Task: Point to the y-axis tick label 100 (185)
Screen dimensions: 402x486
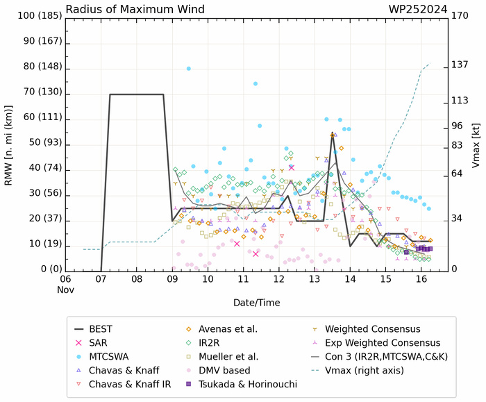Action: coord(33,15)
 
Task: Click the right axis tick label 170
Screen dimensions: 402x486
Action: coord(460,15)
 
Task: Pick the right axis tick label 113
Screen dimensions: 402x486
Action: coord(460,100)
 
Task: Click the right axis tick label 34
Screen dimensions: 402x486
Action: coord(458,219)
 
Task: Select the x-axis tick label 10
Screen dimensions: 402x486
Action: coord(208,278)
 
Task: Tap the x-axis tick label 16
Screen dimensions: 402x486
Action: coord(421,278)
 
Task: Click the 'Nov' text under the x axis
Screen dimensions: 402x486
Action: coord(65,289)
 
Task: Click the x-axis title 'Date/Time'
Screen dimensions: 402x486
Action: coord(257,303)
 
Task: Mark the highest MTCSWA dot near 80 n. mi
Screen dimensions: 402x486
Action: coord(189,68)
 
